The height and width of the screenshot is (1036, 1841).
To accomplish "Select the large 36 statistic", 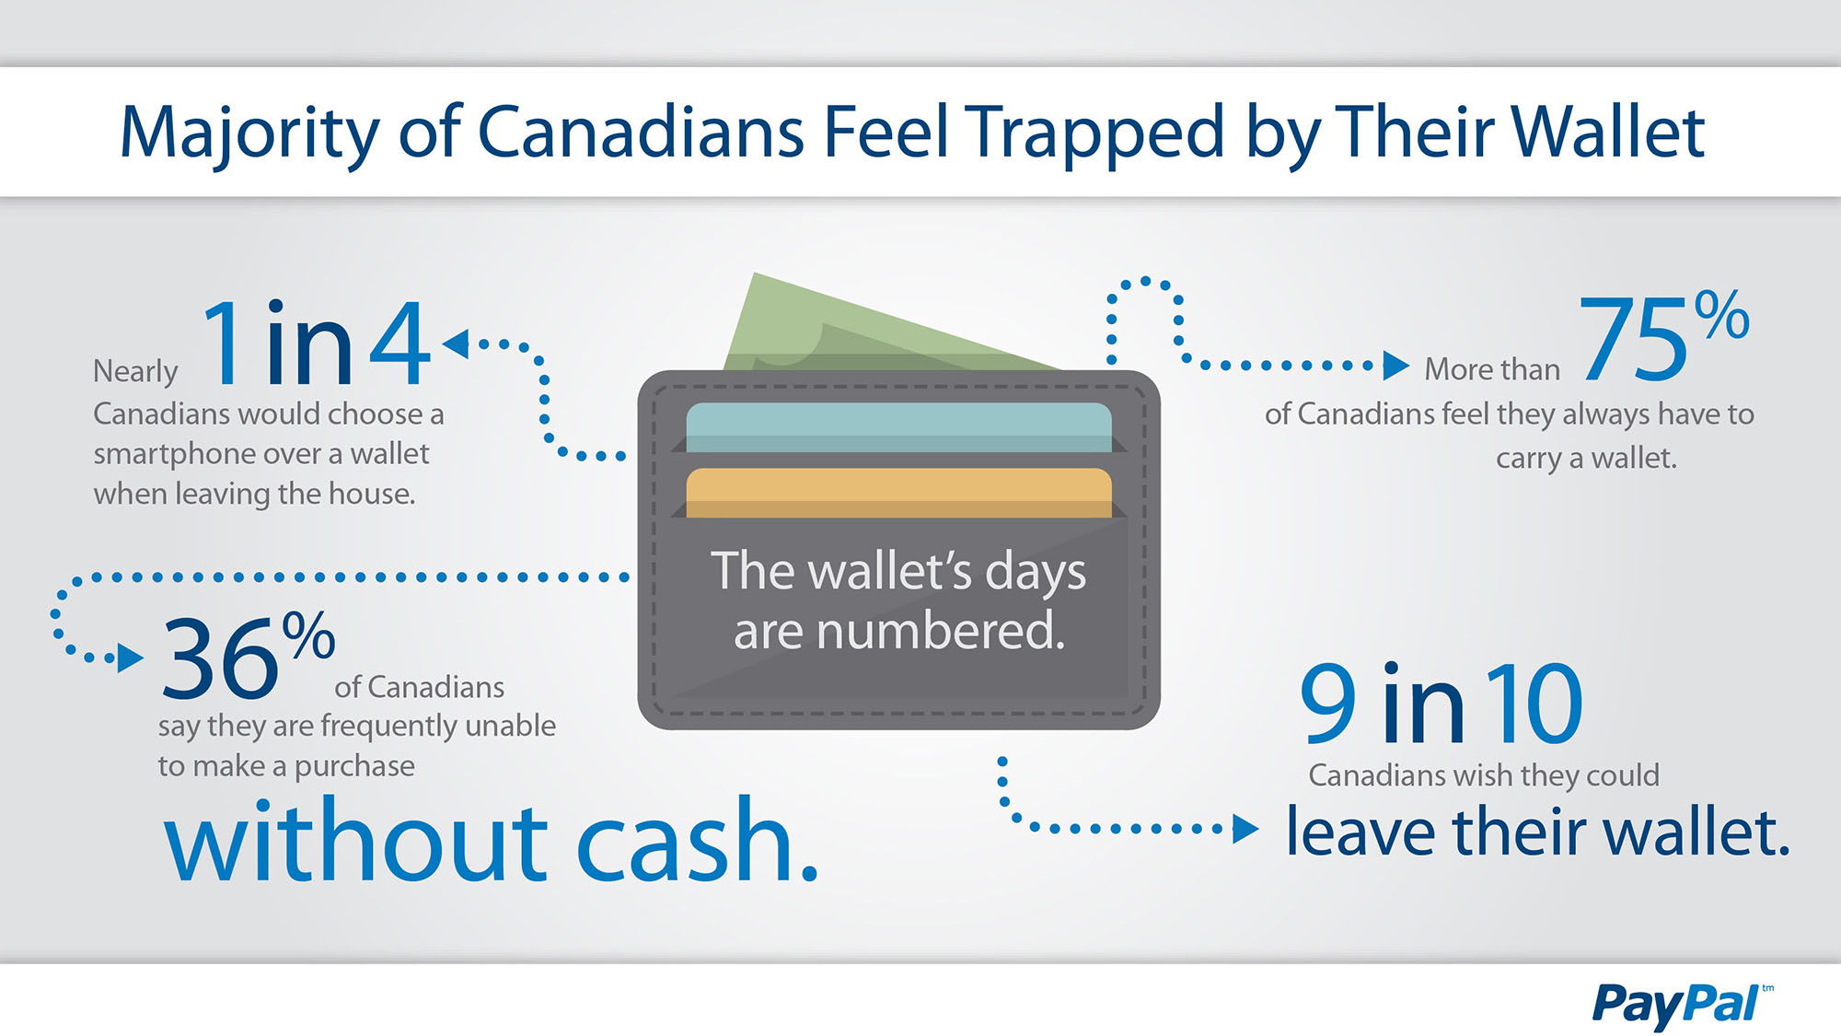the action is [220, 658].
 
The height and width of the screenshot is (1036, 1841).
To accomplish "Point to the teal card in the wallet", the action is [899, 427].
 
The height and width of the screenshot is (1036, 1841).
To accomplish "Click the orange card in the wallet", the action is [899, 493].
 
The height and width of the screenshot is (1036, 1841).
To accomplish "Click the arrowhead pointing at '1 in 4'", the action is [456, 343].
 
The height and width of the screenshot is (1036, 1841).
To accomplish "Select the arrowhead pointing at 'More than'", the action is [1396, 366].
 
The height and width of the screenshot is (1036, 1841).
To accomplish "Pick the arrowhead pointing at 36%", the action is [131, 658].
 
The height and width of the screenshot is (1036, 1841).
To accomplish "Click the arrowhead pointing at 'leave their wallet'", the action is [1245, 829].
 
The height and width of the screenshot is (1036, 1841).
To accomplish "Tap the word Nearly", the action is [135, 371].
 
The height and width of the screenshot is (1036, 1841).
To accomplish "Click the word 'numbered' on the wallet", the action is [940, 632].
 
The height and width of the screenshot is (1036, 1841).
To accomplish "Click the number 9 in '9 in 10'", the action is [1329, 704].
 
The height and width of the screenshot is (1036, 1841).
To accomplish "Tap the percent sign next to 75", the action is [1721, 315].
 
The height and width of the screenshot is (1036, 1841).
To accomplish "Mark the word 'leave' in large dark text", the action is [1360, 832].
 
